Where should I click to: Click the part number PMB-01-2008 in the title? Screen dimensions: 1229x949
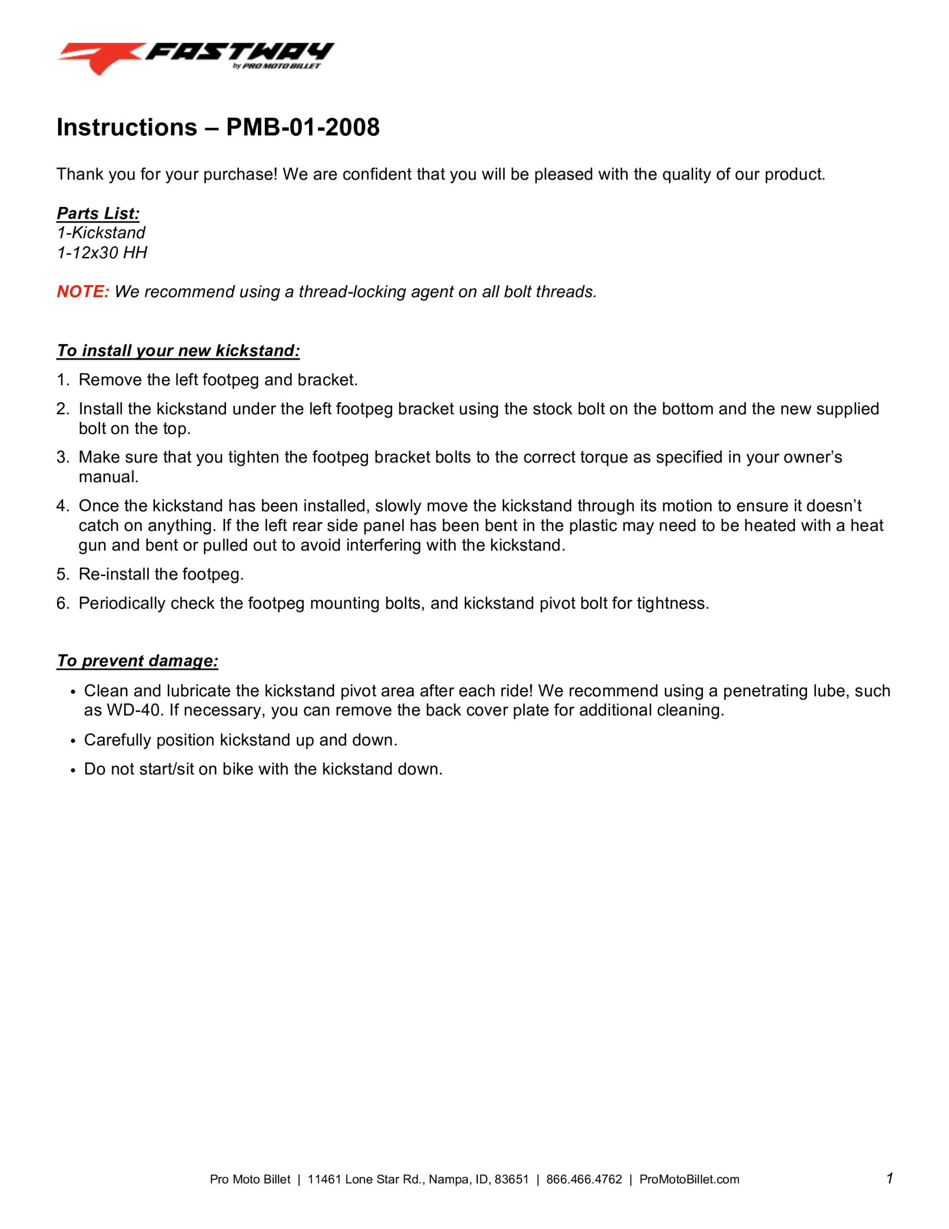click(x=303, y=128)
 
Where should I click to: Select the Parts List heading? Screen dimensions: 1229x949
click(x=98, y=214)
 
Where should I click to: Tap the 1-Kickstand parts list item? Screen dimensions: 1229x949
click(x=101, y=233)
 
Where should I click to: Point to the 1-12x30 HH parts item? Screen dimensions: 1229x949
click(x=102, y=253)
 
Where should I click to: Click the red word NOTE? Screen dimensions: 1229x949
click(x=82, y=292)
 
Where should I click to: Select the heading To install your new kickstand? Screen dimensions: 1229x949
click(x=178, y=351)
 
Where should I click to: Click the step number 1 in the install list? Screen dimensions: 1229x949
click(x=61, y=380)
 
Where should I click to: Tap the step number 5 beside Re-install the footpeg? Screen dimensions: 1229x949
click(x=61, y=575)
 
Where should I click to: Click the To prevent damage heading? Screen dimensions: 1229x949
click(x=137, y=661)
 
